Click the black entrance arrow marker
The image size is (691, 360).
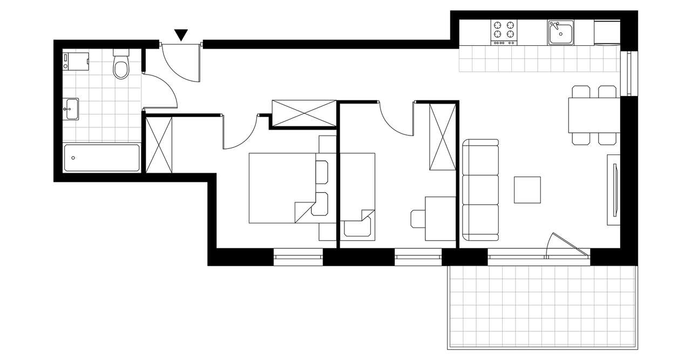pos(181,35)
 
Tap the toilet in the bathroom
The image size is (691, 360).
pos(121,66)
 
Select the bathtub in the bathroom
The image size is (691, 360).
pos(101,158)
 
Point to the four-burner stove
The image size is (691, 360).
pos(504,32)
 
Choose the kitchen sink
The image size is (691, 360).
pos(561,33)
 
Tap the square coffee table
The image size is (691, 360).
pos(527,190)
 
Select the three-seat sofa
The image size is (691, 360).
pos(480,190)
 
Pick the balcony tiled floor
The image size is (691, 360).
pos(542,307)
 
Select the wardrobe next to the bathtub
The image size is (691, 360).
pos(160,145)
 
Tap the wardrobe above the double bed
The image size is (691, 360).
pos(303,113)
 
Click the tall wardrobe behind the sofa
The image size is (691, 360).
pos(442,135)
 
